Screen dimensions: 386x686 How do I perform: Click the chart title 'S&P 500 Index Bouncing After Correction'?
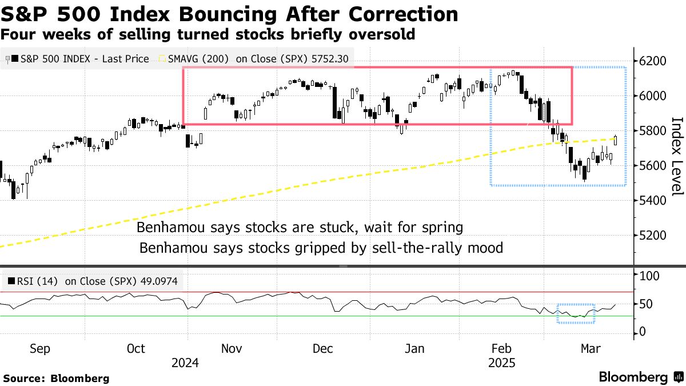pyautogui.click(x=229, y=14)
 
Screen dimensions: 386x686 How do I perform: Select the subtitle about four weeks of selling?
pyautogui.click(x=208, y=35)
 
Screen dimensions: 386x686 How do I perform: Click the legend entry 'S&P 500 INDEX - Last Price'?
pyautogui.click(x=80, y=58)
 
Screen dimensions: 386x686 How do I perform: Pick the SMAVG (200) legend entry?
pyautogui.click(x=254, y=58)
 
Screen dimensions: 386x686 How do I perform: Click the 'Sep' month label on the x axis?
pyautogui.click(x=39, y=349)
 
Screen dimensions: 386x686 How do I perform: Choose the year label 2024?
pyautogui.click(x=185, y=363)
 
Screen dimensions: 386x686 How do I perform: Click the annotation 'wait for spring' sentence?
pyautogui.click(x=300, y=228)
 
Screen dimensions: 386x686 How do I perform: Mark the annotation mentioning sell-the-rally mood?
pyautogui.click(x=321, y=248)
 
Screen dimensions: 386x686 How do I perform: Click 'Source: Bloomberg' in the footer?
pyautogui.click(x=56, y=378)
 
